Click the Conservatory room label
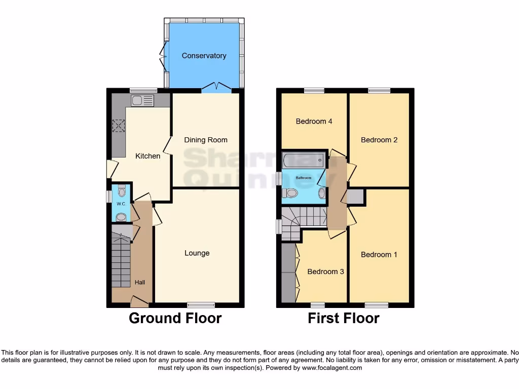(x=204, y=56)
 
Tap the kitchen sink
(x=141, y=101)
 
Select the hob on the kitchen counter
(x=119, y=125)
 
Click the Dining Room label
(x=205, y=140)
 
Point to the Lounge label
(x=197, y=253)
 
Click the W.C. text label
(x=121, y=204)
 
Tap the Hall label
(x=139, y=282)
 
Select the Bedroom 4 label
(x=314, y=122)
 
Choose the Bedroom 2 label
(x=379, y=140)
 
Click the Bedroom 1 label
(x=379, y=255)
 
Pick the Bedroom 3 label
(x=325, y=272)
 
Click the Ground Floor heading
(x=175, y=319)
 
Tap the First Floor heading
(x=343, y=319)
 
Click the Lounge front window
(x=201, y=305)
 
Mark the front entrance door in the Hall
(x=139, y=302)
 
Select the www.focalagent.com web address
(x=332, y=368)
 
